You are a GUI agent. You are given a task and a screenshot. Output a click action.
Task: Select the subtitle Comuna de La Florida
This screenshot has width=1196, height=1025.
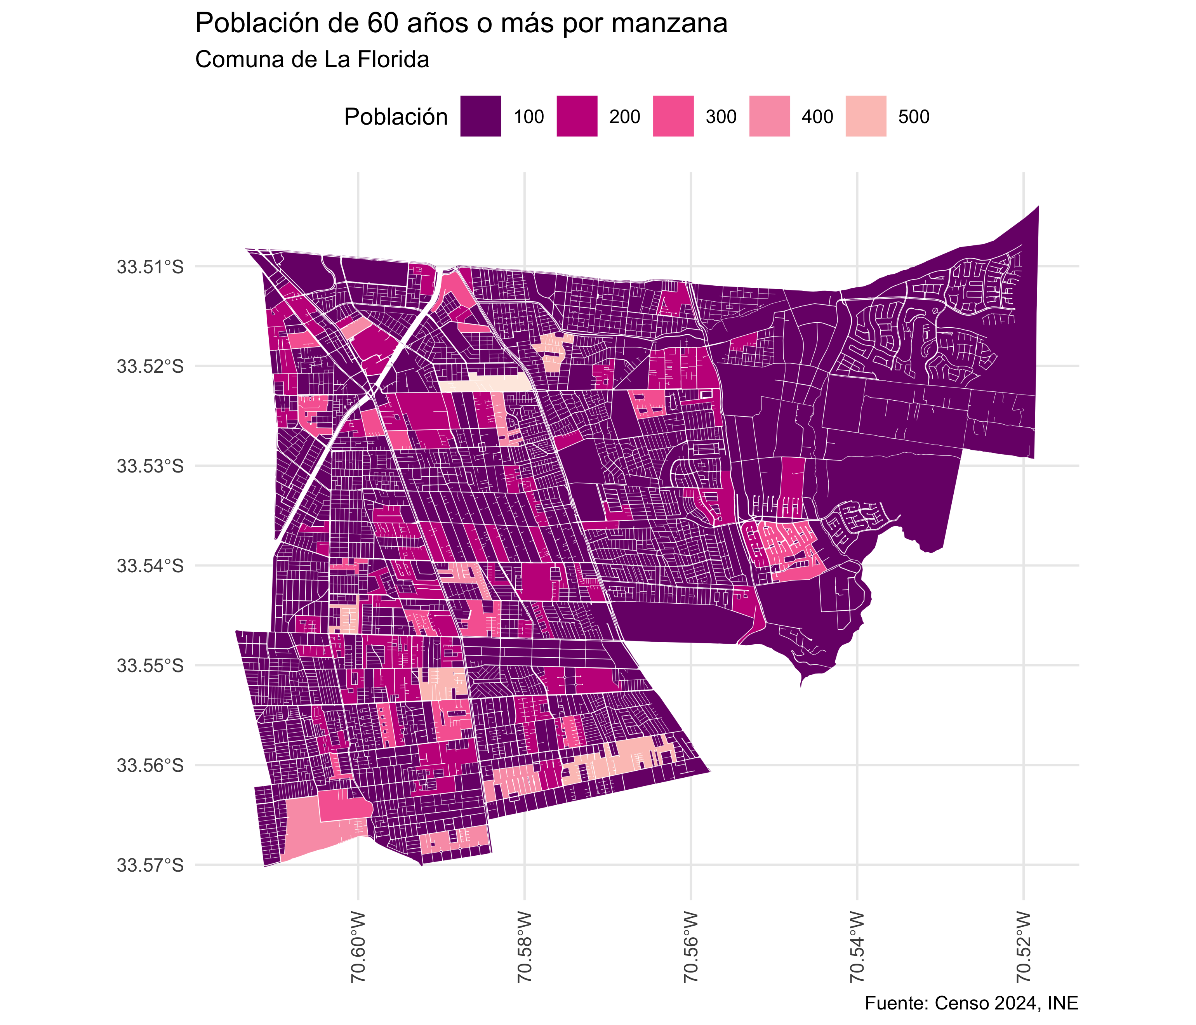[312, 59]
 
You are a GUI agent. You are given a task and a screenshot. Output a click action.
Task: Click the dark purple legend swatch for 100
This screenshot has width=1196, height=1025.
[480, 116]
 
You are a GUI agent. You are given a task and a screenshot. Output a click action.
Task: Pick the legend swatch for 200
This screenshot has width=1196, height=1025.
[577, 116]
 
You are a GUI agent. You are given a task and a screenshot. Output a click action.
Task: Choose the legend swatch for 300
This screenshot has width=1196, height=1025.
[673, 116]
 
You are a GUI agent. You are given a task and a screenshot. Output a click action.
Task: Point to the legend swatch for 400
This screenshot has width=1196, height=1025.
[769, 116]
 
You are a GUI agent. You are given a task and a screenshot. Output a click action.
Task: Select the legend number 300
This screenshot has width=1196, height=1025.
[721, 117]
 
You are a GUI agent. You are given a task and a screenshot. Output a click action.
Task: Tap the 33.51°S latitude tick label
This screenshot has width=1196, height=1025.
[150, 267]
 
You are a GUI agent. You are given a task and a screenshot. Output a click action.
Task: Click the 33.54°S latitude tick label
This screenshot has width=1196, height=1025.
[150, 566]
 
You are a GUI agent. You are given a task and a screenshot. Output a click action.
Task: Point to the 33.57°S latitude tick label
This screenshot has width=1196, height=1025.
[150, 865]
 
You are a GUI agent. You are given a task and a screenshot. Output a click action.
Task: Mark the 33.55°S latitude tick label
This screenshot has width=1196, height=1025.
[150, 666]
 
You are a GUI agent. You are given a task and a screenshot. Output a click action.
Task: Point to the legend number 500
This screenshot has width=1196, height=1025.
[913, 117]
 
